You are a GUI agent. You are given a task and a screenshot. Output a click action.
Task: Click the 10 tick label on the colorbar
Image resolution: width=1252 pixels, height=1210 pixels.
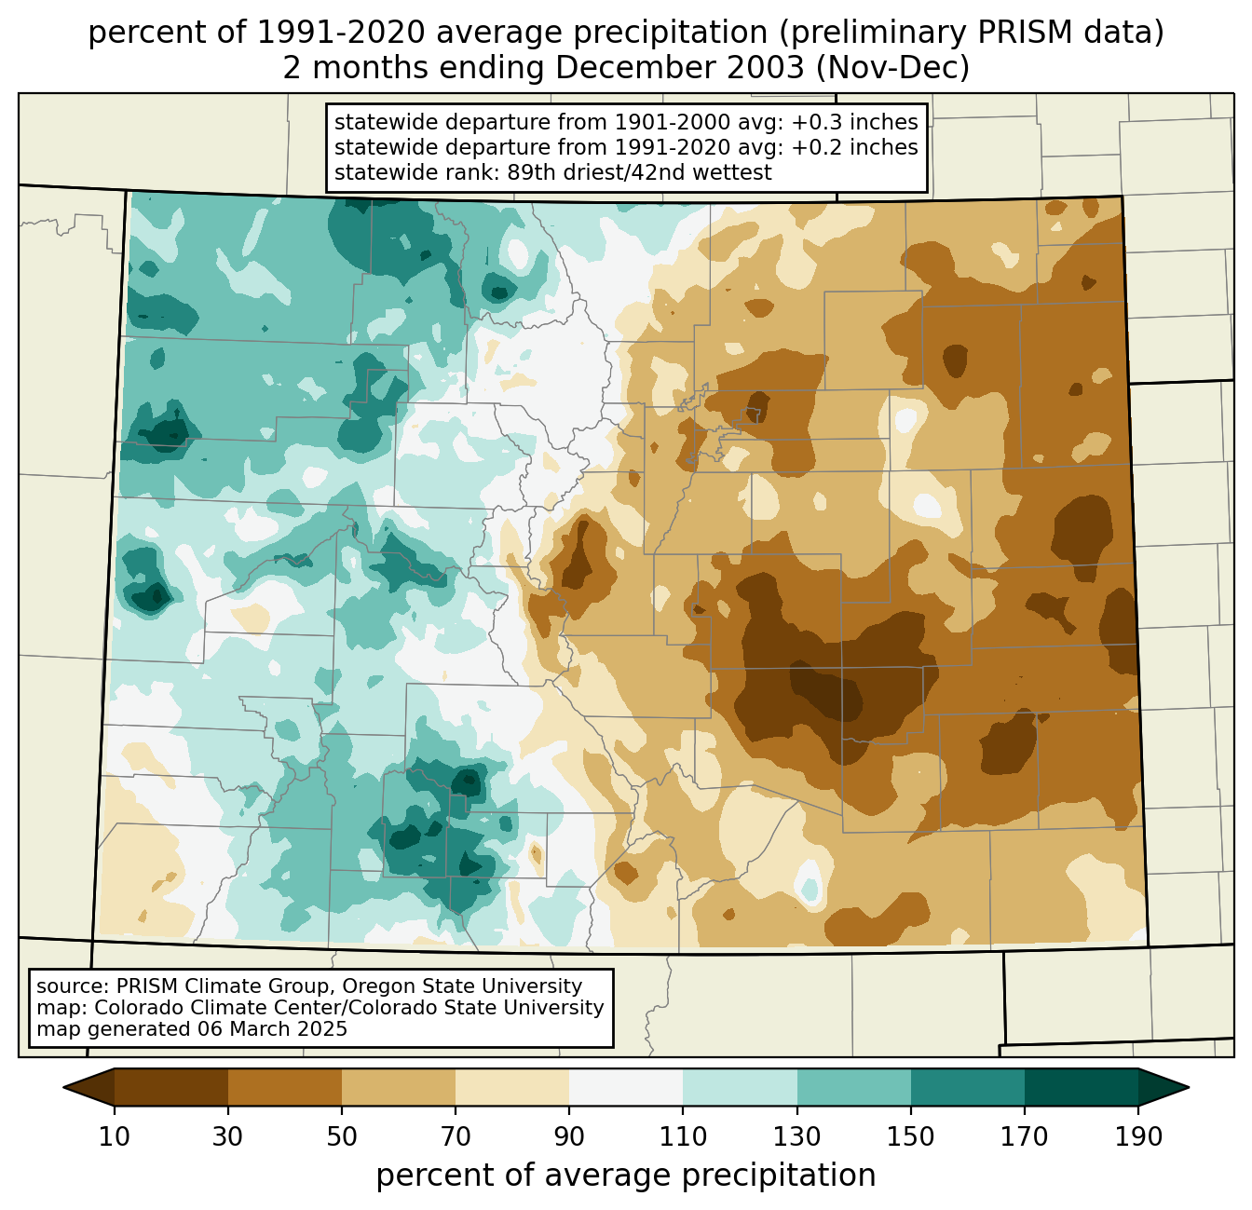pos(115,1137)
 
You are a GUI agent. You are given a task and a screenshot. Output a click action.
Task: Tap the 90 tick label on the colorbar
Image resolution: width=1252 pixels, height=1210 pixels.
pos(569,1137)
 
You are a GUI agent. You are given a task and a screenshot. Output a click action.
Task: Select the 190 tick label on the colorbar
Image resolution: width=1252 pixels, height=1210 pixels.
pos(1138,1137)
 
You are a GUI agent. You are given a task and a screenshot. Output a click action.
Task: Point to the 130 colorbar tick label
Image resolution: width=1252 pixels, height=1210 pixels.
pos(797,1137)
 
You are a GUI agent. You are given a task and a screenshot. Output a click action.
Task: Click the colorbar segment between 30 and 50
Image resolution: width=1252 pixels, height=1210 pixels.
pos(285,1087)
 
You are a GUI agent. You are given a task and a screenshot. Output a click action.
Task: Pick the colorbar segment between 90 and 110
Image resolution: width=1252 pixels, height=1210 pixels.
pos(626,1087)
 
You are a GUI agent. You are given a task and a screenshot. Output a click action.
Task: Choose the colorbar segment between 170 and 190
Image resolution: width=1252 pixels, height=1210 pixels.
pos(1081,1087)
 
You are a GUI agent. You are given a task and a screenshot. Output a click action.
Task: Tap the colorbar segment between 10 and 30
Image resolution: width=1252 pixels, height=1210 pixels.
pos(171,1087)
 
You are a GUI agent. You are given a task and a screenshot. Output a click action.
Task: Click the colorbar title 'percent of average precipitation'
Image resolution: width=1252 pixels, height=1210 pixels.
pos(626,1176)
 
